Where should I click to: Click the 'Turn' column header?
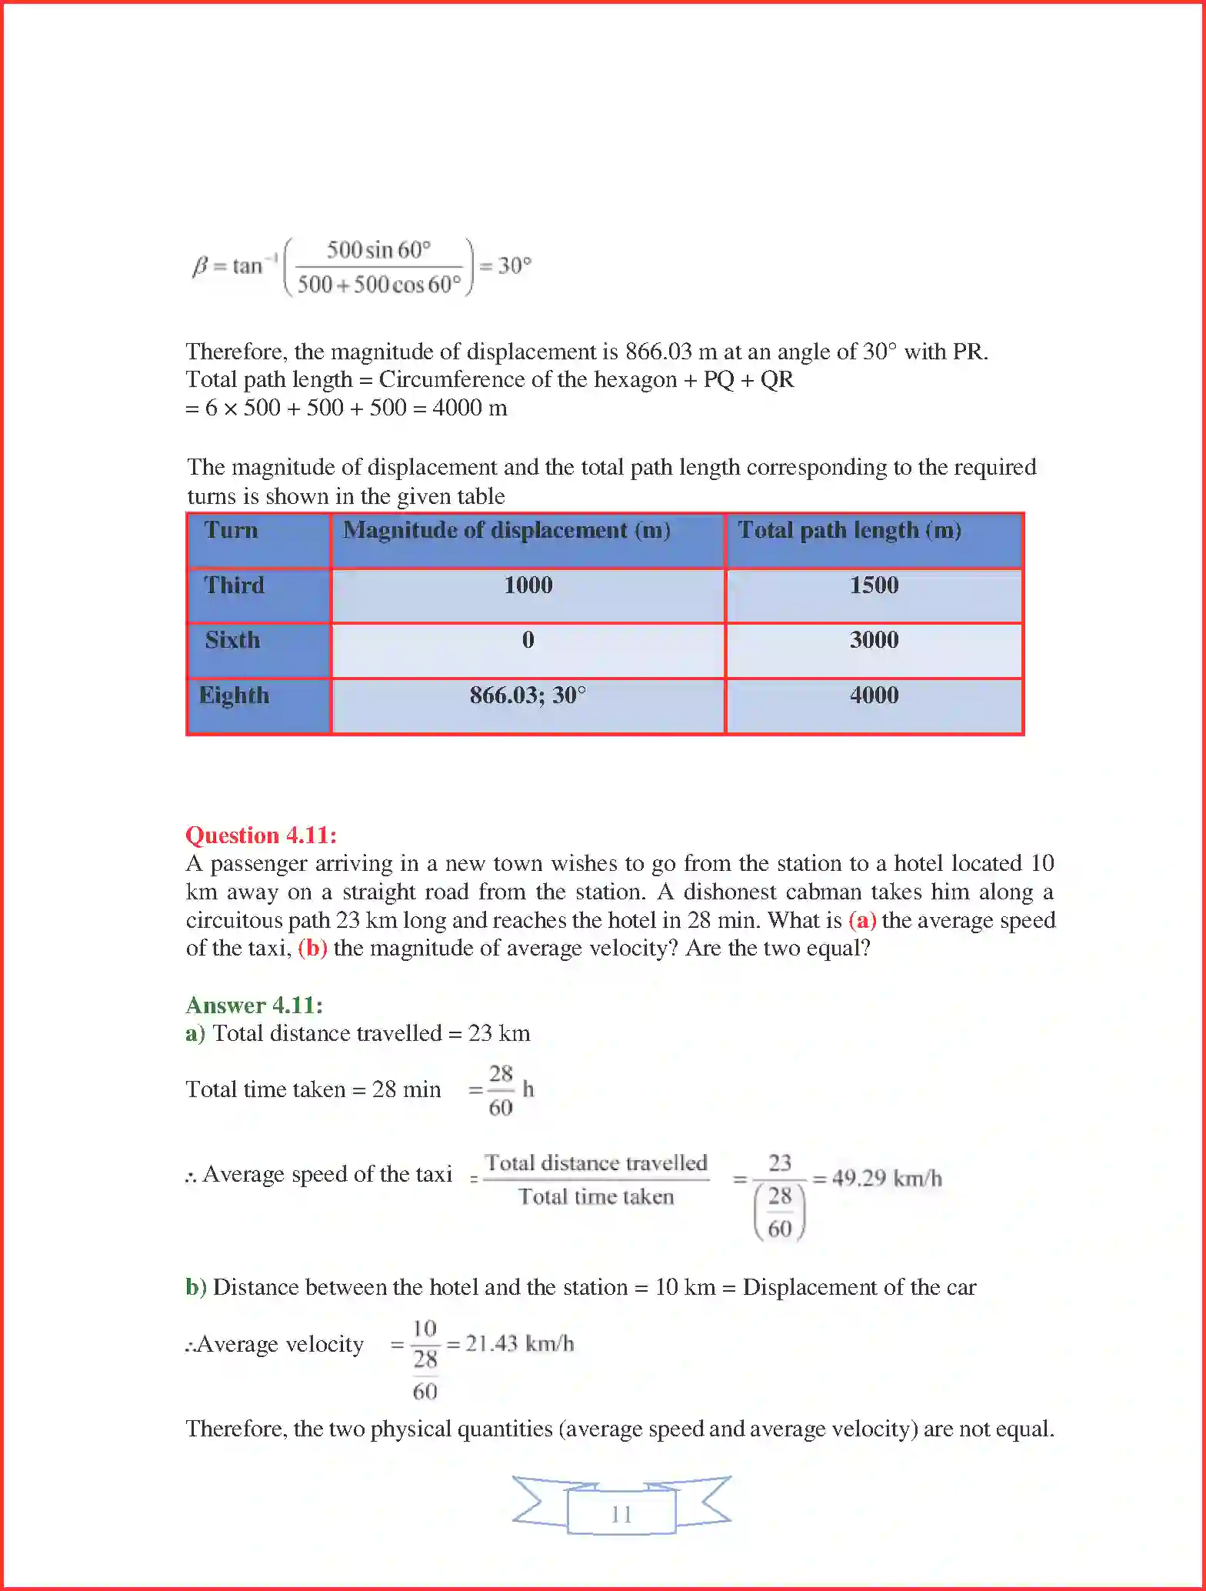(231, 530)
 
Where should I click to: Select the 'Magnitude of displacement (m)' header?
(507, 530)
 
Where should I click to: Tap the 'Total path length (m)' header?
(849, 530)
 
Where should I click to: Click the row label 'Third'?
(234, 585)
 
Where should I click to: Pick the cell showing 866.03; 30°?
(528, 695)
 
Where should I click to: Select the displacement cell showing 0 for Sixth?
(528, 640)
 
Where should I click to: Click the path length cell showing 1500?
(874, 585)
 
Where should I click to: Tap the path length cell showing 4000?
(874, 695)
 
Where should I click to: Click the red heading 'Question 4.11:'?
(261, 836)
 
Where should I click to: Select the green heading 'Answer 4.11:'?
(254, 1006)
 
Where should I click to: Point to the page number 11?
(621, 1515)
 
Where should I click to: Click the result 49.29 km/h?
(886, 1179)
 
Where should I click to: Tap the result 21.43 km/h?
(519, 1344)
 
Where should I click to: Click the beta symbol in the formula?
(199, 266)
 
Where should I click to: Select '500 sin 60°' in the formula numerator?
(378, 250)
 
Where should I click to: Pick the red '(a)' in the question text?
(862, 920)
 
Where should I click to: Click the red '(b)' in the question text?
(312, 948)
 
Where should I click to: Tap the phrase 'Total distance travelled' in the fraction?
(596, 1162)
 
